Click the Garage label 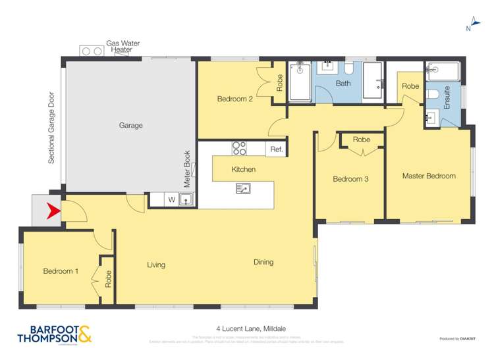[x=130, y=125]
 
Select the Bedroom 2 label [x=235, y=99]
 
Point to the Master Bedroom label [x=429, y=176]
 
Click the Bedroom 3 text [x=350, y=179]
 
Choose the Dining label [x=263, y=262]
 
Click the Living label [x=156, y=265]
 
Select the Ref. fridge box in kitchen [x=277, y=149]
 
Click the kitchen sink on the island [x=242, y=189]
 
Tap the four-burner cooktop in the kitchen [x=239, y=149]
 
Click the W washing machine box [x=171, y=199]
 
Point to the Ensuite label [x=447, y=97]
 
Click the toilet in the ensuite [x=431, y=95]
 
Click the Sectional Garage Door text [x=51, y=128]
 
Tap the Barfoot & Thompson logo [x=55, y=335]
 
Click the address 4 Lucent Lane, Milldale [x=251, y=328]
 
